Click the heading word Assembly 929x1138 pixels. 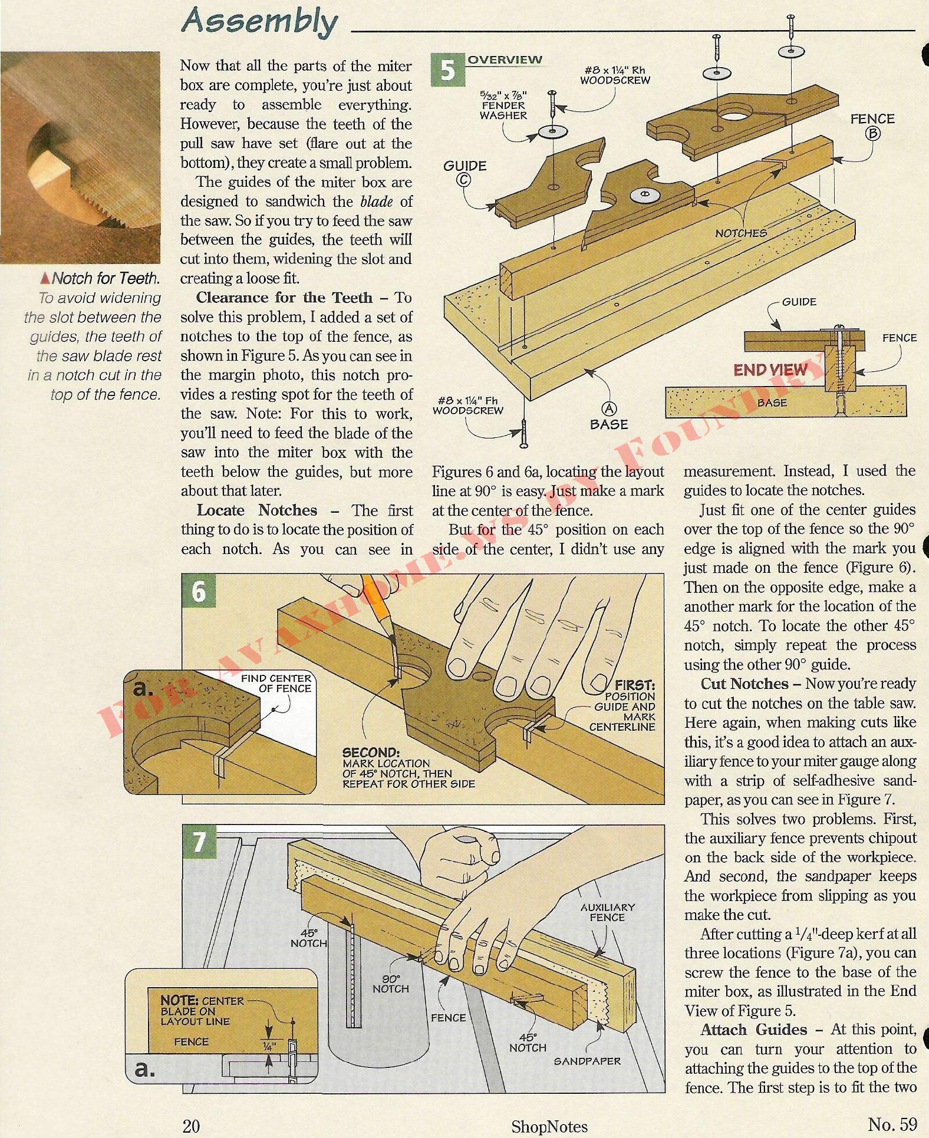point(259,21)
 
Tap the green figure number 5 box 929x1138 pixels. point(448,70)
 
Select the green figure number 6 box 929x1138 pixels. point(199,591)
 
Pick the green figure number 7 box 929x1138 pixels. point(199,842)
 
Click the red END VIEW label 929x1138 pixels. point(770,370)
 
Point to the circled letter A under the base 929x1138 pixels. point(608,409)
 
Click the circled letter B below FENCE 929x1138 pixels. point(872,134)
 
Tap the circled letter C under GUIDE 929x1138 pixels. point(464,180)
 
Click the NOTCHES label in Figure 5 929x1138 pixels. point(741,233)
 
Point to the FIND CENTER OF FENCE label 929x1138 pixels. point(276,683)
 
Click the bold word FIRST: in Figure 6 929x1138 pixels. point(634,685)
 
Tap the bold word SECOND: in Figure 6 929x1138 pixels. point(371,753)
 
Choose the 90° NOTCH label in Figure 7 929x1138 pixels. point(390,984)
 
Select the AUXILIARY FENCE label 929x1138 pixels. point(607,912)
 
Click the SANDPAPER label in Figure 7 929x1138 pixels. point(587,1061)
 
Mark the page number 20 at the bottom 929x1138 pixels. point(191,1126)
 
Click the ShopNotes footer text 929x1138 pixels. point(549,1126)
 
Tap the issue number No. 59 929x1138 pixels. point(892,1124)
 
